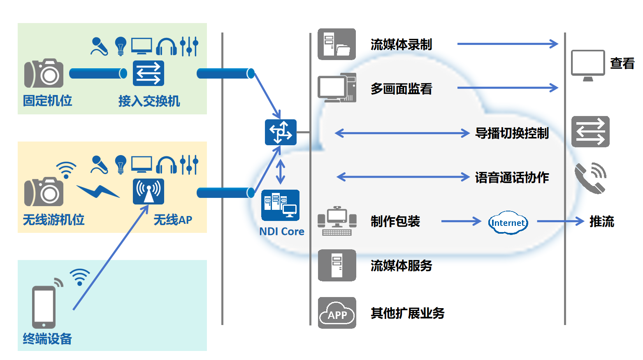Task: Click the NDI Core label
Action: [x=281, y=232]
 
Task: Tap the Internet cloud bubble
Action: [x=508, y=223]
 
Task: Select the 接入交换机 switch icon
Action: [x=148, y=73]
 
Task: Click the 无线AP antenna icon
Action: [x=148, y=191]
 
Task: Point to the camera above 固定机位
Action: [x=44, y=73]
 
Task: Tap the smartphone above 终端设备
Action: [x=44, y=307]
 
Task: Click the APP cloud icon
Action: [x=337, y=313]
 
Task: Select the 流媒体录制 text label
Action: [x=401, y=44]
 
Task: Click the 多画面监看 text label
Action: [x=401, y=89]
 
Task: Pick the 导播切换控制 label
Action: [x=512, y=133]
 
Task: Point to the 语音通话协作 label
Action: [x=512, y=178]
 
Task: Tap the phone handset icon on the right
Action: [x=590, y=178]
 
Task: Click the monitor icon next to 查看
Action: [x=588, y=65]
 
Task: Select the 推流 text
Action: [x=601, y=222]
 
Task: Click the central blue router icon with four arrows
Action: [x=281, y=132]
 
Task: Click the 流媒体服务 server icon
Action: [x=337, y=265]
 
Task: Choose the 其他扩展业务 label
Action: [x=407, y=314]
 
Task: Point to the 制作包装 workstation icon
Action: [x=337, y=221]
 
